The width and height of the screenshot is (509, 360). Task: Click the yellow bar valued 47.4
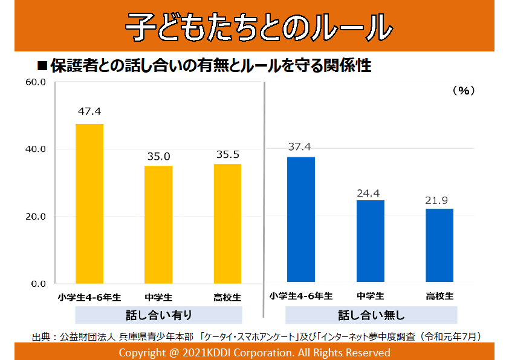coord(89,203)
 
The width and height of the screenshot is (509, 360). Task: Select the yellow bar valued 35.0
coord(158,224)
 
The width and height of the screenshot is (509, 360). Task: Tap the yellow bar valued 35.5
coord(227,223)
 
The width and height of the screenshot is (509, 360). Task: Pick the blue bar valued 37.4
coord(300,219)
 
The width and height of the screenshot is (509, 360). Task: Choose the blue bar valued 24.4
coord(370,241)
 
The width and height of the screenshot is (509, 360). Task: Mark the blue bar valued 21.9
coord(439,245)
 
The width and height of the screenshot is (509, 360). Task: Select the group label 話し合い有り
coord(158,315)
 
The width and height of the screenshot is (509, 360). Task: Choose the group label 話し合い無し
coord(371,315)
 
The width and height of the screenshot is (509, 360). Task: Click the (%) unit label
coord(463,91)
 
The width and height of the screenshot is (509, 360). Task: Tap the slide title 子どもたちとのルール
coord(254,26)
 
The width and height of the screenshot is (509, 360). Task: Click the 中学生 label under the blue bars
coord(370,296)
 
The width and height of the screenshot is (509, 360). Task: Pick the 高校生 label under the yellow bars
coord(227,297)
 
